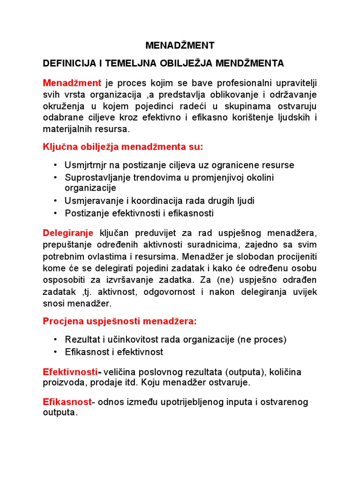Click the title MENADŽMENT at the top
click(180, 45)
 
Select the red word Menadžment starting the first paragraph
click(72, 83)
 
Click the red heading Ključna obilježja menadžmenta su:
click(123, 147)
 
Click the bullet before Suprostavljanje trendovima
click(55, 177)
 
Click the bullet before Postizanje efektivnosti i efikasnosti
click(55, 213)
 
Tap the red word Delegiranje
click(68, 233)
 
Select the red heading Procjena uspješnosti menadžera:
click(120, 322)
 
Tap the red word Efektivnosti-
click(72, 372)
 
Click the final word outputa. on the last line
click(60, 413)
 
